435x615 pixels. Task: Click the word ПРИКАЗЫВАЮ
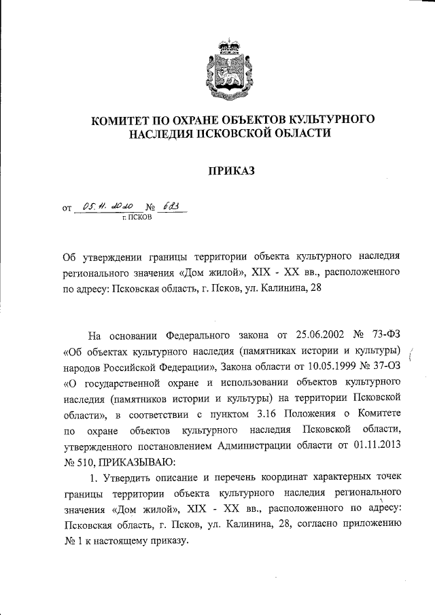[134, 463]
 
